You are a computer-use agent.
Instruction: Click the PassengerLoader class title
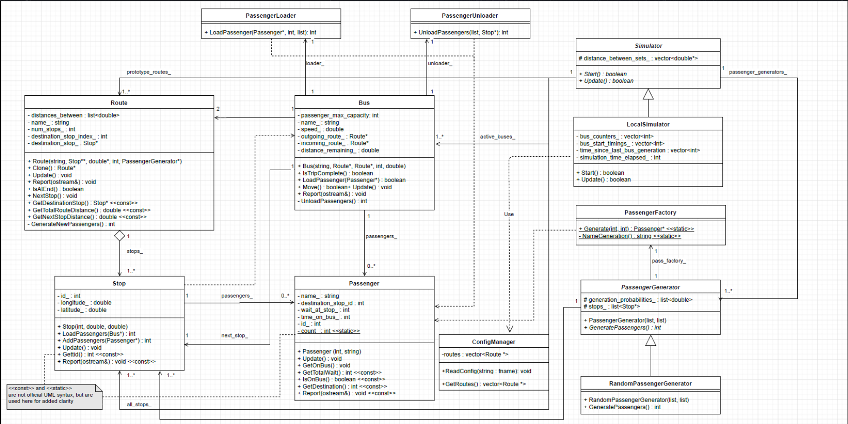coord(271,16)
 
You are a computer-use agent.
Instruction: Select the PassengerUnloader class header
coord(470,16)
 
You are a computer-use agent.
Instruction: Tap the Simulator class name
coord(648,46)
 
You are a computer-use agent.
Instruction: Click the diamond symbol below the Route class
coord(120,236)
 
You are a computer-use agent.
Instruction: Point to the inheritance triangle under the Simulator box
coord(648,94)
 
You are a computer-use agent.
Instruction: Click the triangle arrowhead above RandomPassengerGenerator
coord(651,341)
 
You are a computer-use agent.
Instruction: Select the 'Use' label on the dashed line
coord(509,214)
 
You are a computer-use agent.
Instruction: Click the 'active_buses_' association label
coord(497,137)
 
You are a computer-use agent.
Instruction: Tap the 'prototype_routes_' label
coord(148,72)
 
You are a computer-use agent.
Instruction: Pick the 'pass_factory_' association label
coord(668,261)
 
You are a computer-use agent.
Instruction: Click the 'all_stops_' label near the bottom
coord(139,404)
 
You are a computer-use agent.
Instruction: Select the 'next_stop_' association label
coord(234,335)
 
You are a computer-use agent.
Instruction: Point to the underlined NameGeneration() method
coord(630,236)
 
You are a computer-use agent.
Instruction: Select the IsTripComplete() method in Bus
coord(337,173)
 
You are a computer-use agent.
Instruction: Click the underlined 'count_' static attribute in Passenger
coord(329,331)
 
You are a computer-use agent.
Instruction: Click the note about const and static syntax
coord(52,395)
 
